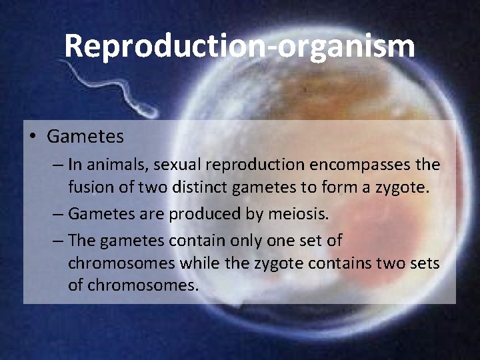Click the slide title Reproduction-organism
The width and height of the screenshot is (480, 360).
(x=239, y=46)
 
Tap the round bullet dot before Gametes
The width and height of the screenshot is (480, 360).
(x=33, y=137)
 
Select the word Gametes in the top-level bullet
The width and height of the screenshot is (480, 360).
(x=85, y=137)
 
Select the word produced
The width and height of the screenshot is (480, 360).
(x=201, y=214)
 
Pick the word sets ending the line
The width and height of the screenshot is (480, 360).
(x=425, y=263)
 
